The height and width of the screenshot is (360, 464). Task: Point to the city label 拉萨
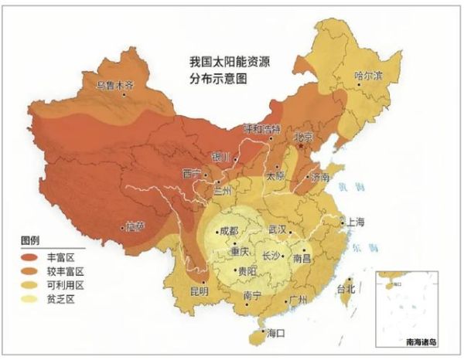(135, 226)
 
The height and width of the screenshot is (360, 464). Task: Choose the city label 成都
(230, 230)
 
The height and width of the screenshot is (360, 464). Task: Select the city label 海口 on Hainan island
(276, 333)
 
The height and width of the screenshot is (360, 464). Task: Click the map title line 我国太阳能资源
(230, 61)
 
